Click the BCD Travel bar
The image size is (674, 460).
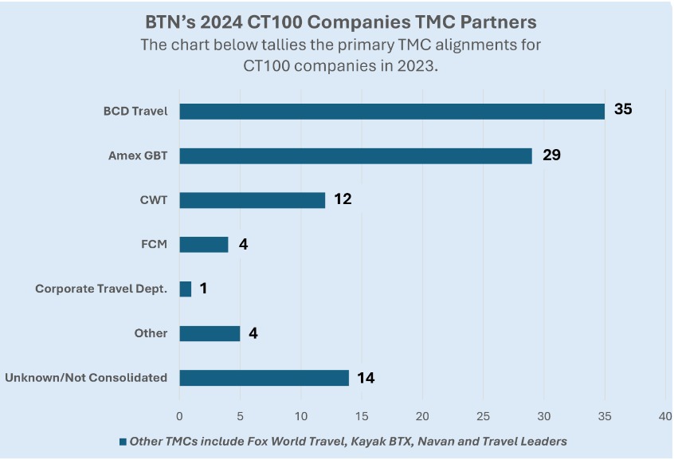392,112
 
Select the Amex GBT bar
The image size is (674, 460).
356,155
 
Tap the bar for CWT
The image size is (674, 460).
253,200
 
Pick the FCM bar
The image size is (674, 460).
204,245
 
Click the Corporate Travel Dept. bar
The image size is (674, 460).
186,289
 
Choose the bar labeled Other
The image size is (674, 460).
210,333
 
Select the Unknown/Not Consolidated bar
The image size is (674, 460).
265,378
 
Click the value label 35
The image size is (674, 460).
623,109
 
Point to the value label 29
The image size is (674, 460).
551,155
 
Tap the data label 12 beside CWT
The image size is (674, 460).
343,199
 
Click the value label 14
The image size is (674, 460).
366,378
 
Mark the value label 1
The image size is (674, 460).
203,289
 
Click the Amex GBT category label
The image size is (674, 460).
138,155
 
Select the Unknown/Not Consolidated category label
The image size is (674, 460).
86,378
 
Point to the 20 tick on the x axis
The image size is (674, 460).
422,416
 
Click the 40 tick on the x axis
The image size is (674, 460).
665,416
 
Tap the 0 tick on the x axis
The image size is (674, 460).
179,416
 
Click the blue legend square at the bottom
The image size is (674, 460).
123,442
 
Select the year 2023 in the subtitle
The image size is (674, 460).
415,66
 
